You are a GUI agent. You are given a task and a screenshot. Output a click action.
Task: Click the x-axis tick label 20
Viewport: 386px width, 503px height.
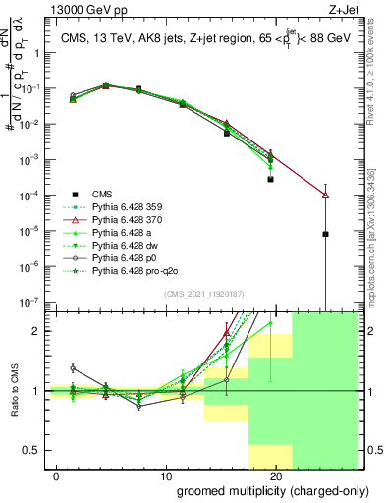276,475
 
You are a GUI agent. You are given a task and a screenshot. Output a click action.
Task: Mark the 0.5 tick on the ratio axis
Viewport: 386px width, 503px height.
31,450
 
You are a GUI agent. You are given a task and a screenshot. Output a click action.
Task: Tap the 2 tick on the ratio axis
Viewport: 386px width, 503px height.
35,331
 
